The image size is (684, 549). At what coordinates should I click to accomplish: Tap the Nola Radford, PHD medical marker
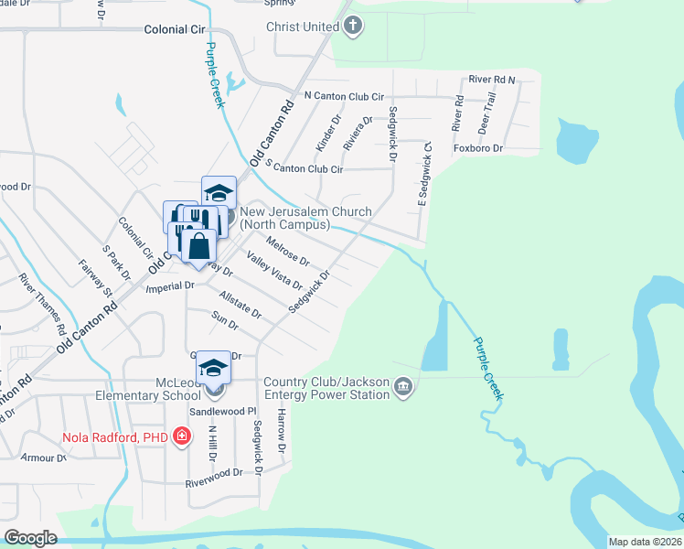(x=182, y=436)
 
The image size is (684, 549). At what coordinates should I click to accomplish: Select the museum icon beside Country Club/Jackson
(x=402, y=390)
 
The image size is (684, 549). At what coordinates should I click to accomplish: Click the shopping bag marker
(x=198, y=245)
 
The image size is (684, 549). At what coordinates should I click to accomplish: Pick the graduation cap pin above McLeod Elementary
(x=214, y=368)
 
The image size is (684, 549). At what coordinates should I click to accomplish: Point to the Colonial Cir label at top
(x=175, y=29)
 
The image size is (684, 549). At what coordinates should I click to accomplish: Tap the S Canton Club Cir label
(x=304, y=168)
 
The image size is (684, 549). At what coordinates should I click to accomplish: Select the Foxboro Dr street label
(x=477, y=148)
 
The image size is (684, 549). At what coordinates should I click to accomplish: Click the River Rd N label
(x=492, y=80)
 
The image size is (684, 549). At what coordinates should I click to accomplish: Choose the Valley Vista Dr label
(x=272, y=274)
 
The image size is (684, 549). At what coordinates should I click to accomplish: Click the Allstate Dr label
(x=240, y=305)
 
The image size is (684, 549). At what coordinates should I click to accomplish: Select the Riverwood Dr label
(x=214, y=473)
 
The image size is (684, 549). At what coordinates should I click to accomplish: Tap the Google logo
(x=30, y=537)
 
